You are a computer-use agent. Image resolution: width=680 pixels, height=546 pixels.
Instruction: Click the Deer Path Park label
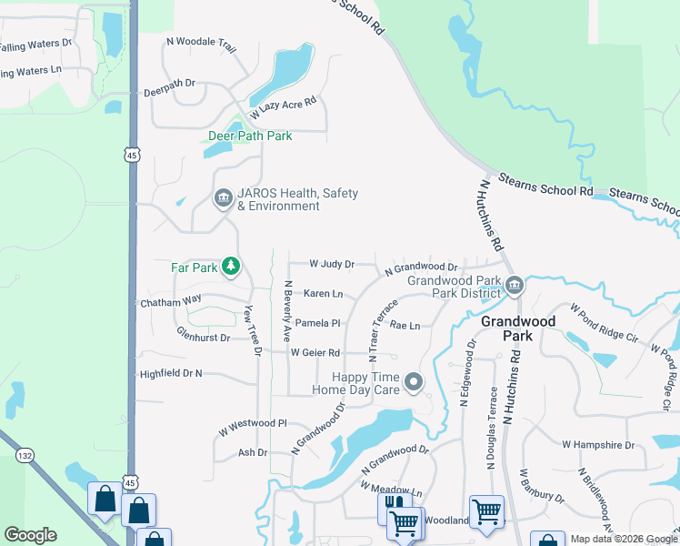click(250, 136)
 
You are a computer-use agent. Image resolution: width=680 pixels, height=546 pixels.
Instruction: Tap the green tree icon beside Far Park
click(233, 267)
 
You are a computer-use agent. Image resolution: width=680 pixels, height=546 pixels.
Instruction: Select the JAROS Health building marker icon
click(223, 198)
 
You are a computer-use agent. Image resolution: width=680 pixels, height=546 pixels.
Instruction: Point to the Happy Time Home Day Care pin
click(414, 382)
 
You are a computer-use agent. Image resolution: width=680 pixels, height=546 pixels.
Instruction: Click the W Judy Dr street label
click(331, 264)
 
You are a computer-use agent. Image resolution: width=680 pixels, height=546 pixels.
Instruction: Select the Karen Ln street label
click(323, 294)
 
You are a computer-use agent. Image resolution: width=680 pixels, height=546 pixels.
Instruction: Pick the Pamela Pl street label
click(316, 323)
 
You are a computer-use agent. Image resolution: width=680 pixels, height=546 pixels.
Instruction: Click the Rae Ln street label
click(405, 325)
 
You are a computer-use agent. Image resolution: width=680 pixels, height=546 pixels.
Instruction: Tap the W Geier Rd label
click(315, 352)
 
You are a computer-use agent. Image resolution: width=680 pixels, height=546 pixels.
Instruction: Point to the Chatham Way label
click(170, 300)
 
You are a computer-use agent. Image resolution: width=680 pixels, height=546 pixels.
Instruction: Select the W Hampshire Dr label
click(597, 445)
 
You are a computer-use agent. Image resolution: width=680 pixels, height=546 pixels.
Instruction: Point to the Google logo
click(30, 535)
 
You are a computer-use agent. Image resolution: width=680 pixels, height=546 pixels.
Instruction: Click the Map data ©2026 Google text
click(624, 539)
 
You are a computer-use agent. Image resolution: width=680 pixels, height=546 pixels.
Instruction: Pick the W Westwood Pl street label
click(252, 423)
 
